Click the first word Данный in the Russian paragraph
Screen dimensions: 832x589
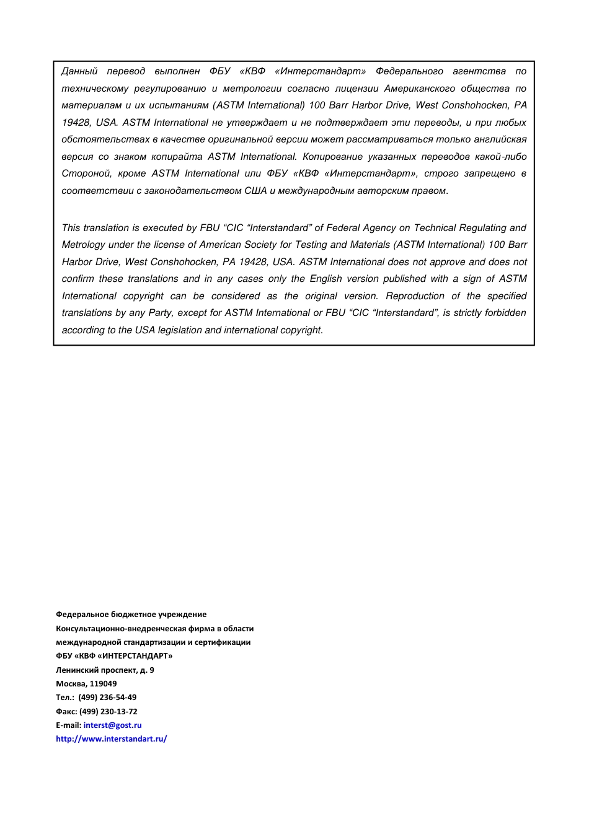(x=79, y=71)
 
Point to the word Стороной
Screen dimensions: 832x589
(x=86, y=173)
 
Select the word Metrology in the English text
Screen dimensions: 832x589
(x=84, y=245)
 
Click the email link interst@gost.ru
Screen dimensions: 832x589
(x=112, y=725)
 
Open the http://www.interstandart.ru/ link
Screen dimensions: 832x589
(x=112, y=738)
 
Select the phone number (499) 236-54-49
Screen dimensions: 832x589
(x=107, y=697)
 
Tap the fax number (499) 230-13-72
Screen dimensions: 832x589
(x=108, y=711)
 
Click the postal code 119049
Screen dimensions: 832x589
(x=103, y=683)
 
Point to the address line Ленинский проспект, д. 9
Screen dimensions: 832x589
(x=105, y=670)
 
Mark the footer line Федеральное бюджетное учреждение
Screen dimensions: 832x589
(x=131, y=614)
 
